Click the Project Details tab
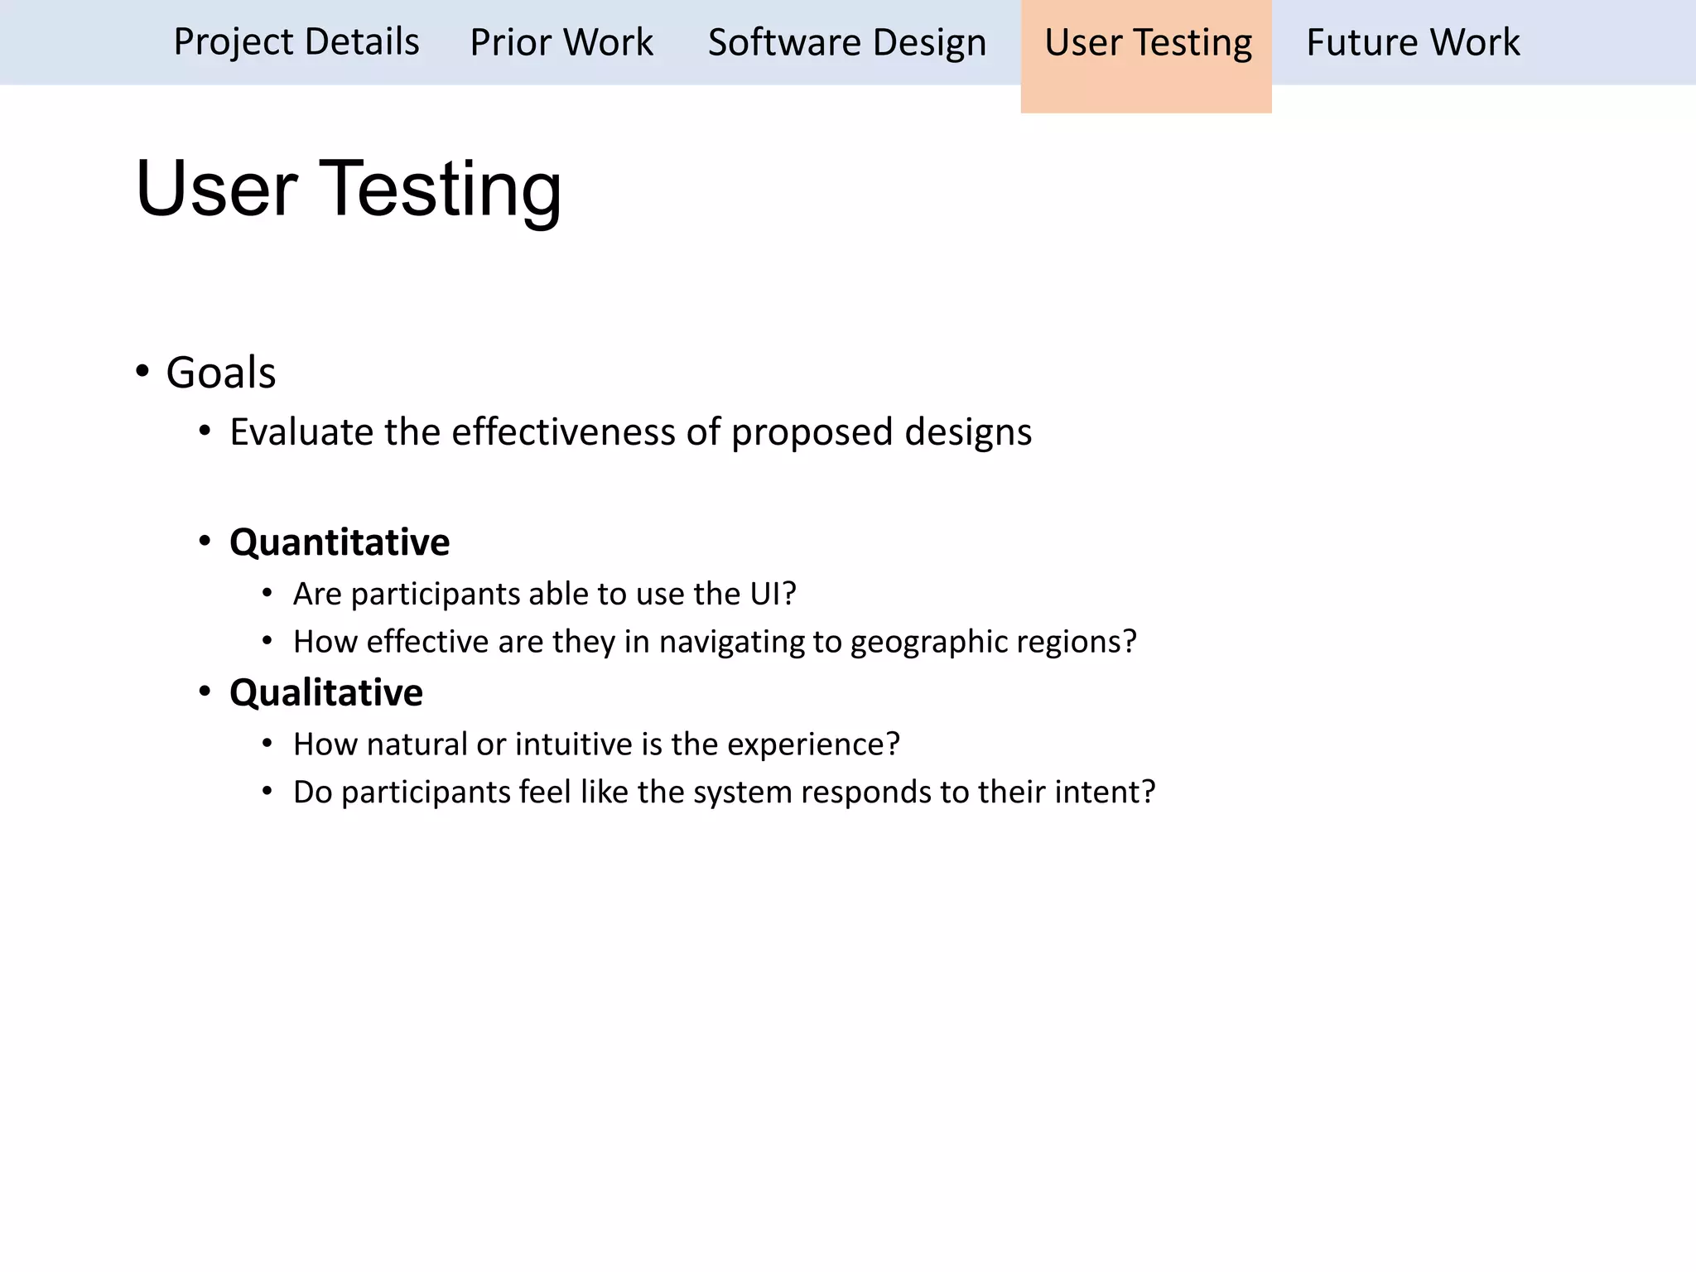[x=296, y=42]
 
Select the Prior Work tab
[x=561, y=42]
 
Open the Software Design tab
[x=846, y=42]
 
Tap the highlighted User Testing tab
[x=1147, y=42]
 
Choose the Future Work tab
[x=1413, y=42]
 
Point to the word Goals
[x=220, y=373]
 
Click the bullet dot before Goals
[x=142, y=371]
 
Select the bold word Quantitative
[x=340, y=542]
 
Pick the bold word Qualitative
[x=326, y=692]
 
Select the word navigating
[x=740, y=643]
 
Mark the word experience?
[x=813, y=744]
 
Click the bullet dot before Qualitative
[x=205, y=691]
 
